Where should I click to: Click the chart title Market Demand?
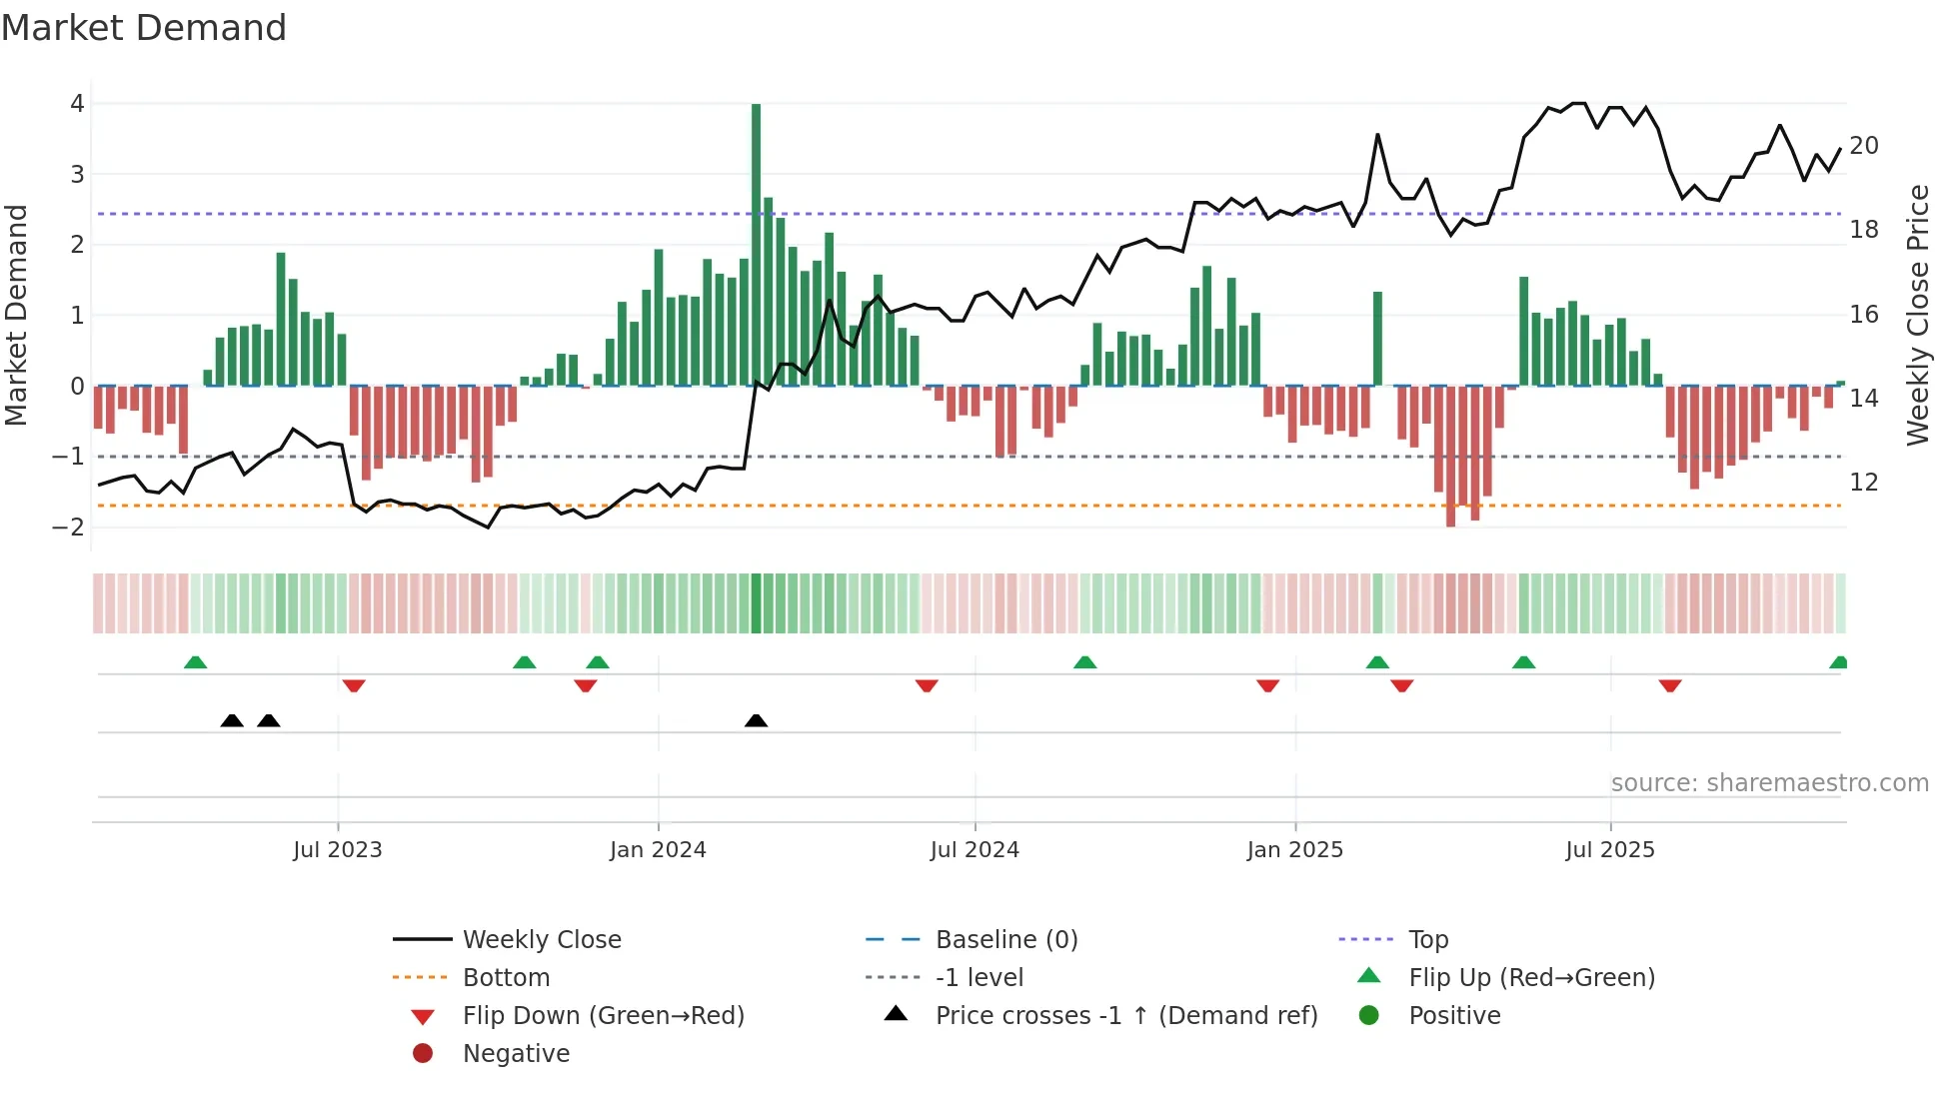click(x=144, y=28)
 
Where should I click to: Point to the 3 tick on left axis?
click(x=77, y=175)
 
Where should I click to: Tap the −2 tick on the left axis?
click(x=68, y=528)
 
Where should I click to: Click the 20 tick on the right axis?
click(x=1864, y=146)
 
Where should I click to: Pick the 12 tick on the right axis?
click(x=1864, y=483)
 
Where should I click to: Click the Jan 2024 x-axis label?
click(x=658, y=850)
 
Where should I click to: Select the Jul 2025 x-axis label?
click(x=1610, y=850)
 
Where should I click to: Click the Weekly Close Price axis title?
click(x=1918, y=315)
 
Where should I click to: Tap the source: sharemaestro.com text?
click(x=1769, y=783)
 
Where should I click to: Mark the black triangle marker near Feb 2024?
click(x=757, y=720)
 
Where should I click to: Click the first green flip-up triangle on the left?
click(x=196, y=662)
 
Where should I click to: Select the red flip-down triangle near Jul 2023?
click(x=354, y=685)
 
